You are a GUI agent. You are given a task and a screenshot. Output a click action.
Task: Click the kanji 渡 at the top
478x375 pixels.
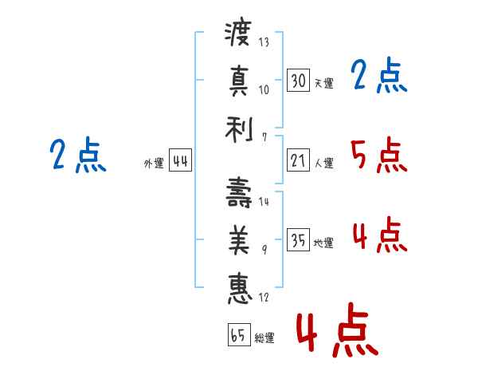tap(238, 31)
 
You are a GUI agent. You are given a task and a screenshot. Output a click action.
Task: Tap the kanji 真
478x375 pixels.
tap(239, 80)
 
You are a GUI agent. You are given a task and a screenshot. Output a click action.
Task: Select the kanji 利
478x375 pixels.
tap(239, 130)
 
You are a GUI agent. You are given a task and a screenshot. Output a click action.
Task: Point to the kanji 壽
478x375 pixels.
tap(239, 192)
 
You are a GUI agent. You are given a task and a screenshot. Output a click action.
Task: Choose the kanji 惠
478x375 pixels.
tap(240, 289)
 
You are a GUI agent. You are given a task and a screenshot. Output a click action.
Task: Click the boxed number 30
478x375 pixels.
tap(298, 80)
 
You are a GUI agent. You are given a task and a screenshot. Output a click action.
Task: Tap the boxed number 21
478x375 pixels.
tap(298, 160)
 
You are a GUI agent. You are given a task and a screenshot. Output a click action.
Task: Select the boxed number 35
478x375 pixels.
tap(298, 239)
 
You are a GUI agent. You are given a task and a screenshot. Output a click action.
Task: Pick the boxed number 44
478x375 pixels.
tap(180, 160)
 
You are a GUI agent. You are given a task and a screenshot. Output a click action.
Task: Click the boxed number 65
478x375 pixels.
tap(239, 334)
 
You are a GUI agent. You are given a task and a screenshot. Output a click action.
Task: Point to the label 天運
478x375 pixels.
tap(323, 83)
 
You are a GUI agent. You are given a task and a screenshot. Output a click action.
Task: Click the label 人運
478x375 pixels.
tap(323, 163)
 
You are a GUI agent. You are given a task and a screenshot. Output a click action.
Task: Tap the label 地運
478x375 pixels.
tap(323, 243)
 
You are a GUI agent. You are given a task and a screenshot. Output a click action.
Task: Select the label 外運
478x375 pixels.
tap(154, 163)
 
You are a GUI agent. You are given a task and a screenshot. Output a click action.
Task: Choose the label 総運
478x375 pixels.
tap(264, 337)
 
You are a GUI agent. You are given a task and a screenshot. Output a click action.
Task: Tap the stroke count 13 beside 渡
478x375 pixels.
tap(264, 42)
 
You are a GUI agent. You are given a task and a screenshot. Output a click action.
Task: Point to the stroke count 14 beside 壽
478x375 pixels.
tap(264, 202)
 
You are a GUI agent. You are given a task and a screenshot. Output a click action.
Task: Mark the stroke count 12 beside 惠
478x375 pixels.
tap(264, 297)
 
